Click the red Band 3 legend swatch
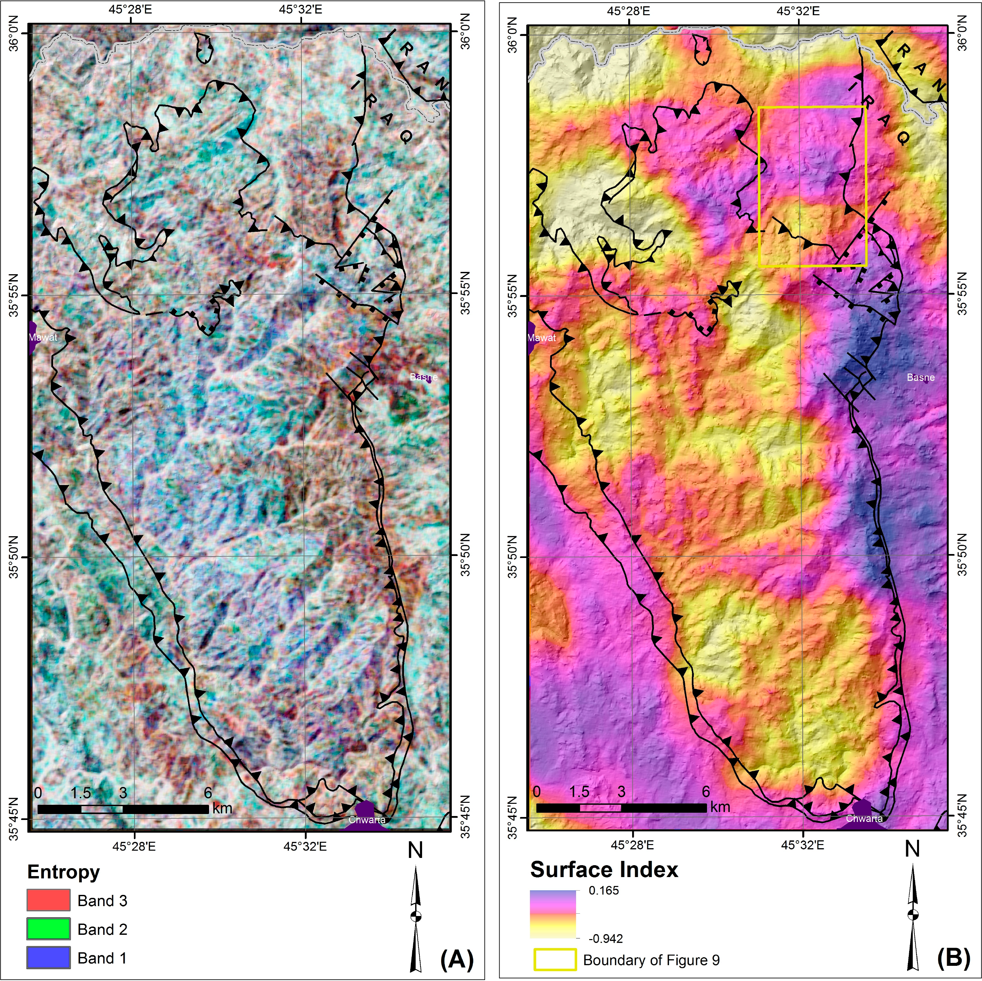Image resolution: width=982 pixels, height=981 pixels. (48, 900)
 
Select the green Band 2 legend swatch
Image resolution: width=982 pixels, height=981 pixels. (48, 929)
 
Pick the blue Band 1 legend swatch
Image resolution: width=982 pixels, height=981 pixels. (48, 958)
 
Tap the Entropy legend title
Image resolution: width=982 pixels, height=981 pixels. (64, 872)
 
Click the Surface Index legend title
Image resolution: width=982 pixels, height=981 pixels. (604, 869)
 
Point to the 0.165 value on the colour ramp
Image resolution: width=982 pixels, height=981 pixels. (603, 891)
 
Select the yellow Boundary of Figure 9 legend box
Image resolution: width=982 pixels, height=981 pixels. (555, 960)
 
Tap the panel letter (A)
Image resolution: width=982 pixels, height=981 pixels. (456, 959)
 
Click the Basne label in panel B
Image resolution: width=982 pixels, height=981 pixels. (920, 377)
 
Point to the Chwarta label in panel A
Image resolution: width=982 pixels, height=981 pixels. (367, 820)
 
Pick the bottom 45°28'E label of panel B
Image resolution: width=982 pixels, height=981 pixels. (632, 845)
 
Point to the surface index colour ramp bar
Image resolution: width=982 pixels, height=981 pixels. (553, 914)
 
